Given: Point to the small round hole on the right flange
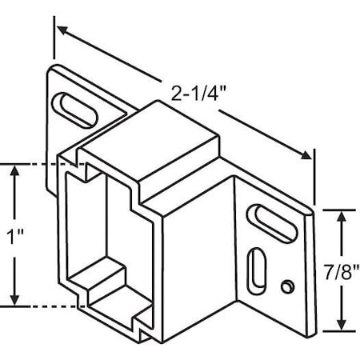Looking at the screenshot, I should pyautogui.click(x=286, y=286).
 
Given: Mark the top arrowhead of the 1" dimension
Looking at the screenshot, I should pyautogui.click(x=14, y=170).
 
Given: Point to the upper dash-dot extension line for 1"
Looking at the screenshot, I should pyautogui.click(x=40, y=163).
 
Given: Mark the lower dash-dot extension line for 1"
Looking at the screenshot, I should pyautogui.click(x=40, y=306).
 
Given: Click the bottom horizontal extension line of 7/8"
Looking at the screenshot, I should pyautogui.click(x=336, y=329).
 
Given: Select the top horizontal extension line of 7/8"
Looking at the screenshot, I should pyautogui.click(x=336, y=209).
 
